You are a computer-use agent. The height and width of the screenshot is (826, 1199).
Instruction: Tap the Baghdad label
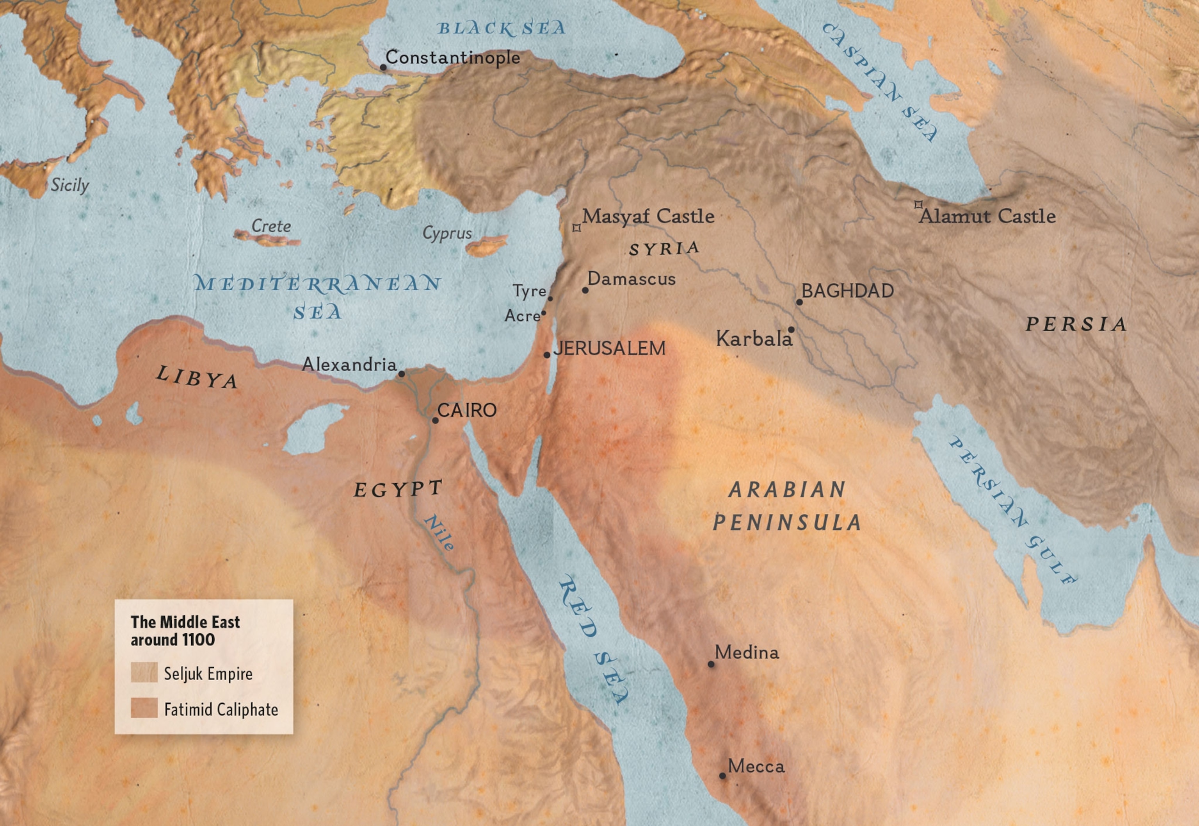(847, 291)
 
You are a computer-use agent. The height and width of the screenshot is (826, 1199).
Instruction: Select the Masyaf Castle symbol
(576, 228)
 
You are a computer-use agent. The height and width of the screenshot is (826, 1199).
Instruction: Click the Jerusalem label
(609, 348)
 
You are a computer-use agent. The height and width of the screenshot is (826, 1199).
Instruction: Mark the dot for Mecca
(722, 776)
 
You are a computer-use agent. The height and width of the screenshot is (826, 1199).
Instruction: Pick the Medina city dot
(711, 664)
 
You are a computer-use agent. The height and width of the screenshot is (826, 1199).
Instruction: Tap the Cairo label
(467, 410)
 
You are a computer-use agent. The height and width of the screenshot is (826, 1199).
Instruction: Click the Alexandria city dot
(401, 373)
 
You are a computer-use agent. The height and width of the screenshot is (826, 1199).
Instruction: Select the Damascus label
(631, 279)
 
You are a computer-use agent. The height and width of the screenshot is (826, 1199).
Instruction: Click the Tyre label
(529, 291)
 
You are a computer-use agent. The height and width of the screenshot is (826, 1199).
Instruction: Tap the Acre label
(522, 316)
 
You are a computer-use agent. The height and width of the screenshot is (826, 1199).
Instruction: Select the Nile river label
(439, 533)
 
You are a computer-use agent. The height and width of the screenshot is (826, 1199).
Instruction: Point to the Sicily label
(70, 185)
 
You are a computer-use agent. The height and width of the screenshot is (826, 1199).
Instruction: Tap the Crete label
(271, 226)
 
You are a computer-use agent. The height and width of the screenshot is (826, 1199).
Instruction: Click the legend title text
(185, 630)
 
